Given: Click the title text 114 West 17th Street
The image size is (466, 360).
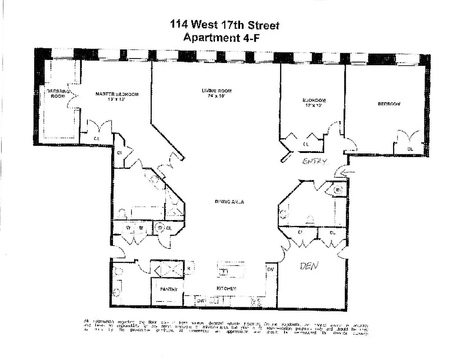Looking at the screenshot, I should [224, 25].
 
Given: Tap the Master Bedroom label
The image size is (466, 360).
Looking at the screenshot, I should [117, 94].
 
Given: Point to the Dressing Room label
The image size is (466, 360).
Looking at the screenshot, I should [57, 94].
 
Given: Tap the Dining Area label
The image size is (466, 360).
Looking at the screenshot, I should [229, 202].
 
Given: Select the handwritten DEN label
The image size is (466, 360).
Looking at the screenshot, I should [309, 266].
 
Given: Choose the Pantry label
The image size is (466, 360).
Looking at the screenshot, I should [168, 289].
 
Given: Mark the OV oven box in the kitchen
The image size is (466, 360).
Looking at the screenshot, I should [271, 269].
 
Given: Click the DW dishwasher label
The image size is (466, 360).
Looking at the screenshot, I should [201, 301].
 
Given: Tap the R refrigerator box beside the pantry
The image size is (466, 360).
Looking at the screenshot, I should [189, 269].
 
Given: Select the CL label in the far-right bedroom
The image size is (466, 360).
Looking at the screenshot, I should [410, 148].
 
